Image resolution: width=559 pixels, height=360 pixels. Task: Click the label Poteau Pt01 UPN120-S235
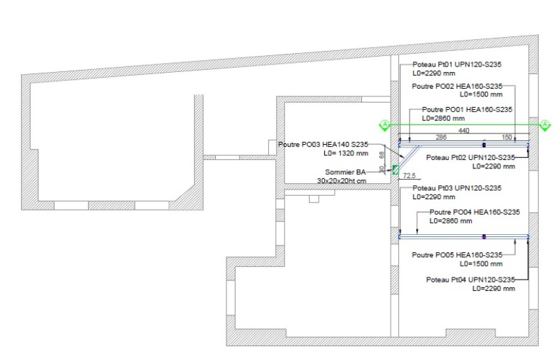457,64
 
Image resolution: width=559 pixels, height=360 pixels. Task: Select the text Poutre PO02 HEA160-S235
457,87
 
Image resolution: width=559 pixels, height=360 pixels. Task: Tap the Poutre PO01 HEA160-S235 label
467,110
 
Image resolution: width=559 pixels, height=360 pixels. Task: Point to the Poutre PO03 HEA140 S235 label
323,145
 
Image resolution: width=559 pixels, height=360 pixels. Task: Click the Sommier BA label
345,173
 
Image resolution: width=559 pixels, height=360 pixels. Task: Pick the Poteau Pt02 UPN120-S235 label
470,157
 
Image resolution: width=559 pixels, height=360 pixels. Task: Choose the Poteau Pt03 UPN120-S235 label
457,188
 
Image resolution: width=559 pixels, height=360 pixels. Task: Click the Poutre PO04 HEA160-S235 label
474,212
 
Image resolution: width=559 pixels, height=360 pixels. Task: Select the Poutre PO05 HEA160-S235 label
457,255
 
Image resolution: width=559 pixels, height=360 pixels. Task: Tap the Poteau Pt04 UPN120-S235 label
470,280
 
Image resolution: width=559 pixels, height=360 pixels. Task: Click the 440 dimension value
463,131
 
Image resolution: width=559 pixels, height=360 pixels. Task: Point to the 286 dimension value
441,137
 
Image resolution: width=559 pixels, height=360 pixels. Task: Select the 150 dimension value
507,137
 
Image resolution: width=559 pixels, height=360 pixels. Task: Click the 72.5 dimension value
409,175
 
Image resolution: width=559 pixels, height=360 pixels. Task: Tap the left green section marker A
385,125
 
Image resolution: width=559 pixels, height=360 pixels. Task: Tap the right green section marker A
545,125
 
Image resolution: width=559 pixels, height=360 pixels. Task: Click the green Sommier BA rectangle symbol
395,170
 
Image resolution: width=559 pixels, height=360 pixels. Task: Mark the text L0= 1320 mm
346,153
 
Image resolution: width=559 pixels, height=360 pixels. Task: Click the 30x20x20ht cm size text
342,181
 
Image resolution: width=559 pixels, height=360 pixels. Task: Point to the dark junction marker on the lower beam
484,236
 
